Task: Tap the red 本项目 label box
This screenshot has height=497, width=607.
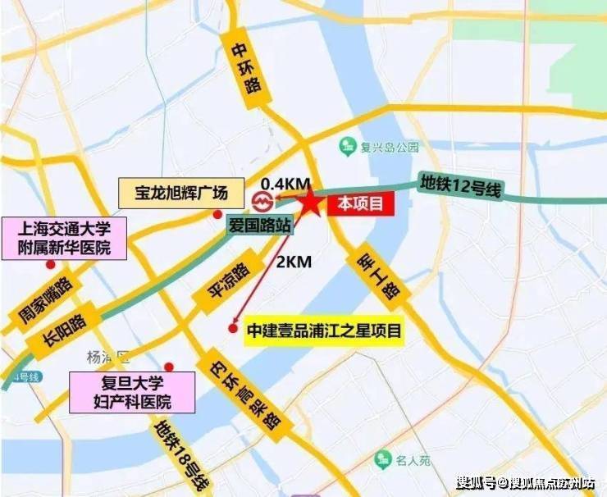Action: [x=362, y=205]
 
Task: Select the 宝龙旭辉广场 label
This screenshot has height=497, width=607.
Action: [x=181, y=194]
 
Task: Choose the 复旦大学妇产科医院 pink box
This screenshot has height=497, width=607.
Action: [x=132, y=392]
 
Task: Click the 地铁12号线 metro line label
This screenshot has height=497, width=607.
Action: [x=459, y=185]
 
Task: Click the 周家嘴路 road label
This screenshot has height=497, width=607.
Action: [x=45, y=299]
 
